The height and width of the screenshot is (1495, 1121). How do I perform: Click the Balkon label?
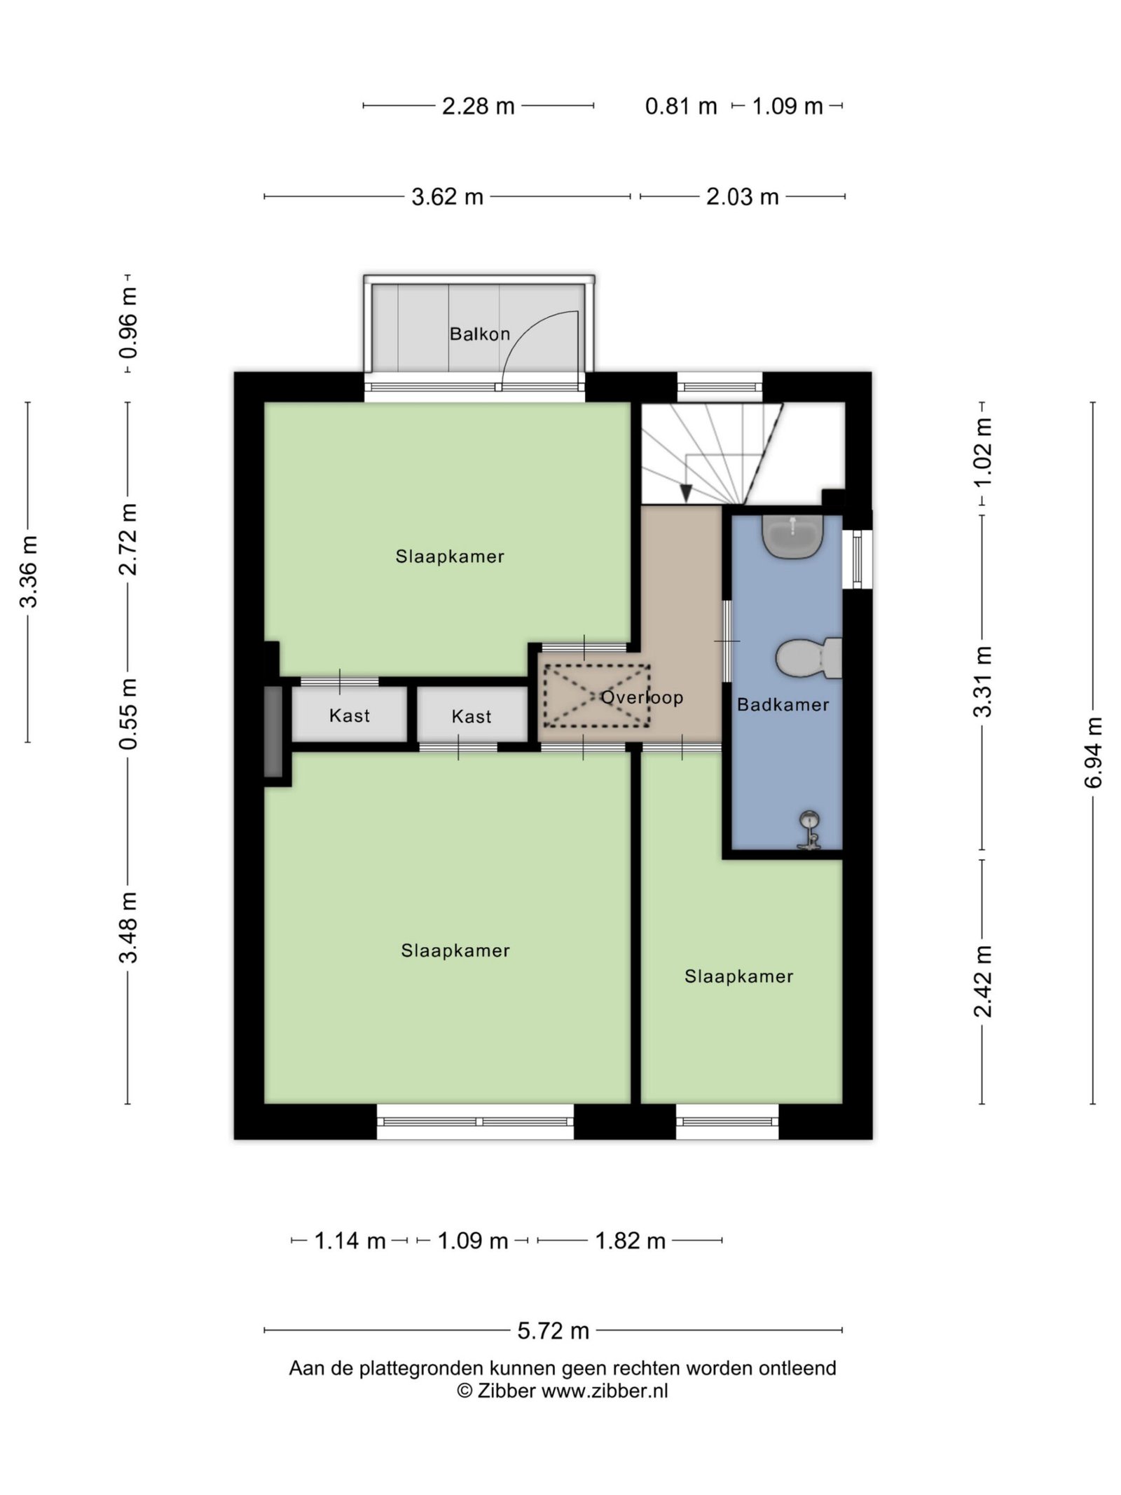pos(479,334)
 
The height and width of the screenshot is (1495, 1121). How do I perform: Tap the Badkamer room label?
pos(783,704)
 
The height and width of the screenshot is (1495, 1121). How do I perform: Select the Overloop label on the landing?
pos(642,697)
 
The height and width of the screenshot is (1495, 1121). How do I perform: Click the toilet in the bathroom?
pos(809,657)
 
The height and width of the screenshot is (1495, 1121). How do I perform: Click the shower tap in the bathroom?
pos(809,831)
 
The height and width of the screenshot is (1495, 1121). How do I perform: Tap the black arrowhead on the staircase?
pos(686,493)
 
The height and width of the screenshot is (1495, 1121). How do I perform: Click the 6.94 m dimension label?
pos(1093,753)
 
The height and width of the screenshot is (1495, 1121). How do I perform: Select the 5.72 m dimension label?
pos(553,1330)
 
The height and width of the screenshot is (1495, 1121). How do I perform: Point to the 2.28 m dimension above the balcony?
pos(479,106)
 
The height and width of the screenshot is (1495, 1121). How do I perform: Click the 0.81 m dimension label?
pos(681,107)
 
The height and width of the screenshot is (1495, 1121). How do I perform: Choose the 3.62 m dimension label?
pos(447,197)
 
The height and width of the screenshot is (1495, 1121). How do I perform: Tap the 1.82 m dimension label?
pos(630,1241)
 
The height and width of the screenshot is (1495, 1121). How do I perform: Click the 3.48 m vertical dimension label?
pos(128,927)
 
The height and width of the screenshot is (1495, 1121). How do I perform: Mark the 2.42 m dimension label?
pos(982,981)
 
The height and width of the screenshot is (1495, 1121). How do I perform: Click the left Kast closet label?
pos(349,716)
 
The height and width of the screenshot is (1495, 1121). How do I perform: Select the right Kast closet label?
pos(471,716)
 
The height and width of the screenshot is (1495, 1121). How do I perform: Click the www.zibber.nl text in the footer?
pos(605,1391)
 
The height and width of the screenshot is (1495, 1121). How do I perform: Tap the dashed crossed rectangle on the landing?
pos(597,695)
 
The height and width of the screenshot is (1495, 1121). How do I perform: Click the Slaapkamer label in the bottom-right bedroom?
pos(738,976)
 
